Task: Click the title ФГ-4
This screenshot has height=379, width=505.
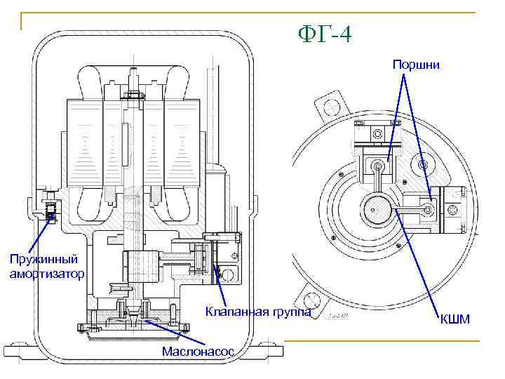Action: tap(325, 34)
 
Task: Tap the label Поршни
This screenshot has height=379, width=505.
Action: tap(416, 65)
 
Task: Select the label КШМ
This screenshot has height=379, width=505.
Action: tap(454, 319)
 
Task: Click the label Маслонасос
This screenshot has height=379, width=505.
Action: tap(198, 352)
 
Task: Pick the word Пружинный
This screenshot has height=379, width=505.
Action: tap(43, 260)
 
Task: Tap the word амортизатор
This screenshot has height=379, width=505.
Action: tap(47, 274)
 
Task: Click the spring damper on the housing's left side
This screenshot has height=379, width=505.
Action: tap(51, 211)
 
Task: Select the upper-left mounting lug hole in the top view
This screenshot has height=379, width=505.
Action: tap(331, 107)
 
